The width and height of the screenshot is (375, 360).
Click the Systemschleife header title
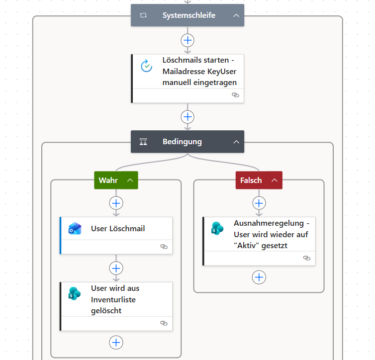pos(189,15)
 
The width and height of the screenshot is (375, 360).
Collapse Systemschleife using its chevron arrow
pos(236,15)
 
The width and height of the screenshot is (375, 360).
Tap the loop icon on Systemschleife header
pos(143,15)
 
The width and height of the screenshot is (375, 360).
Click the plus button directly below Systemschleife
pos(187,40)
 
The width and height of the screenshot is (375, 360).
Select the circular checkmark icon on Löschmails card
pos(146,66)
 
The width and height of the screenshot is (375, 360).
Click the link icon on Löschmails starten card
pos(235,95)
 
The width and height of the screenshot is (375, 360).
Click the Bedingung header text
pos(182,142)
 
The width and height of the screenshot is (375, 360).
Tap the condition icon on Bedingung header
pos(143,142)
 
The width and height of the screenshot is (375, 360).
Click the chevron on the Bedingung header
pos(236,142)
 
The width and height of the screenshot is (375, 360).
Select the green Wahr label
pos(108,180)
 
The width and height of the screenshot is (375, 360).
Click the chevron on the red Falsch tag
pos(275,180)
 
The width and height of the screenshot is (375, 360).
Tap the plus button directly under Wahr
pos(116,203)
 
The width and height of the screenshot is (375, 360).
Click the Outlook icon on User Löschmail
pos(75,229)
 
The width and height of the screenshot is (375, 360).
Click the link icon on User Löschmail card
pos(164,247)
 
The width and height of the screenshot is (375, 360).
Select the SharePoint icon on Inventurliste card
pos(75,293)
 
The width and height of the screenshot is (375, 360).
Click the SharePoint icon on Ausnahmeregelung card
pos(217,228)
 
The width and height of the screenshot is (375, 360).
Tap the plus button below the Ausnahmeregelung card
pos(259,277)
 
